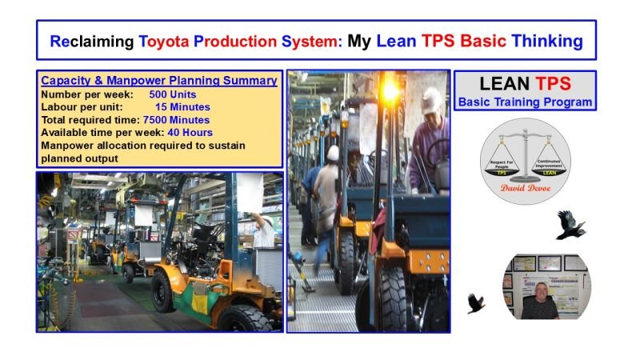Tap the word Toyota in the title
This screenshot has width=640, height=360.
click(x=167, y=40)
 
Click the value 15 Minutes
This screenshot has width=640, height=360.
click(x=182, y=106)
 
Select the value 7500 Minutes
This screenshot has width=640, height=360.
click(x=182, y=119)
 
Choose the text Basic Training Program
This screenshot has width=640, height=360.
click(x=525, y=102)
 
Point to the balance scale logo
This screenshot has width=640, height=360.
click(x=525, y=156)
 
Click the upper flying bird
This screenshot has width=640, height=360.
click(x=570, y=225)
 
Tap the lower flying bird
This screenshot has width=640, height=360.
click(x=476, y=302)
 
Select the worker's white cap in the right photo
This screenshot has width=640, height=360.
click(x=432, y=101)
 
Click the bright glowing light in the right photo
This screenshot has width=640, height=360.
click(x=392, y=86)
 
